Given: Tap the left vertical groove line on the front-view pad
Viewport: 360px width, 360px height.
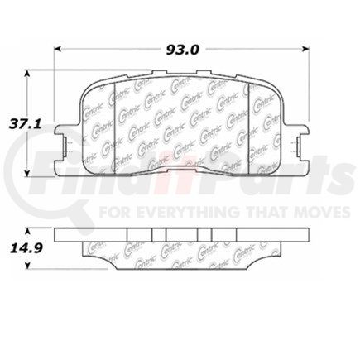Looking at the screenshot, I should point(114,124).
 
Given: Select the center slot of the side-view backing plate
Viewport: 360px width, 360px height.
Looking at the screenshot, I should point(179,234).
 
